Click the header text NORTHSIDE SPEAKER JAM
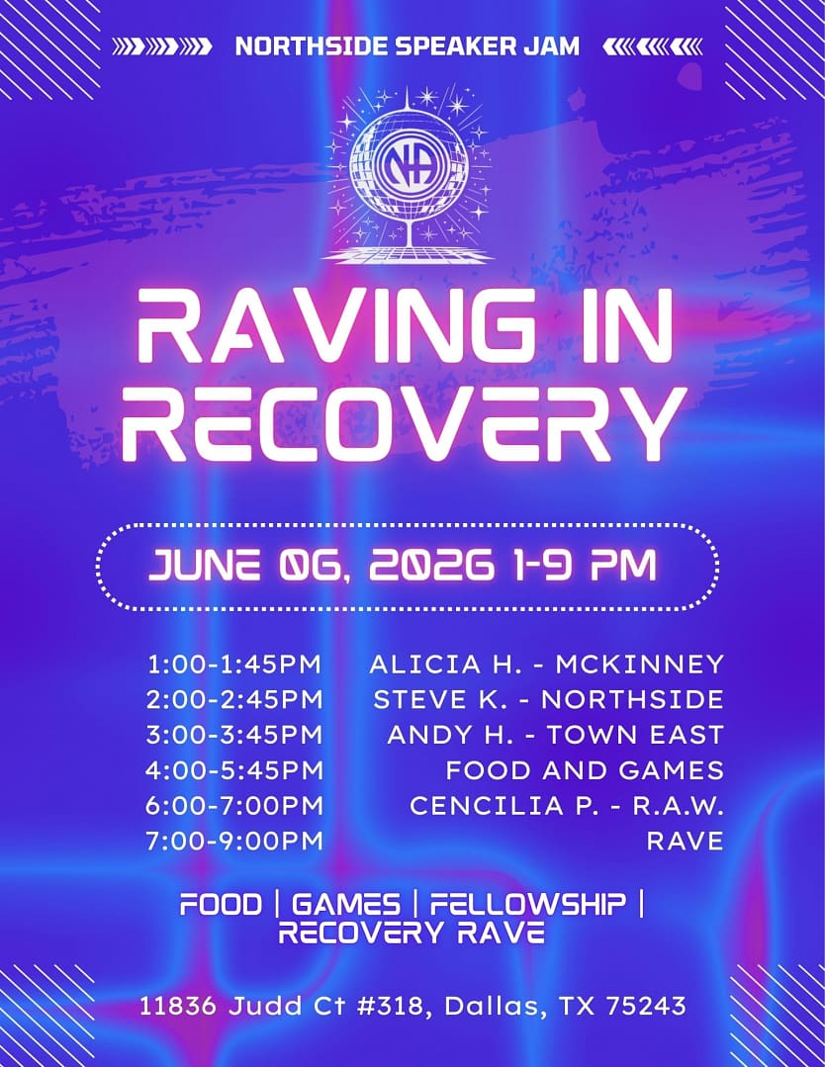[x=407, y=46]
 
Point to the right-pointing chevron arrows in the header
[x=161, y=46]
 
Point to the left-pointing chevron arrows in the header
[x=652, y=46]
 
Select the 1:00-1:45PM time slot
[x=234, y=665]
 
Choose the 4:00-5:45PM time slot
[x=234, y=770]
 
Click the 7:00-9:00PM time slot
[x=234, y=842]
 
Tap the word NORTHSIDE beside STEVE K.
[x=632, y=699]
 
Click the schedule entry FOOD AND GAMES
[x=585, y=770]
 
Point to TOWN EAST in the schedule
[x=635, y=735]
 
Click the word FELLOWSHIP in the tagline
[x=527, y=905]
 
